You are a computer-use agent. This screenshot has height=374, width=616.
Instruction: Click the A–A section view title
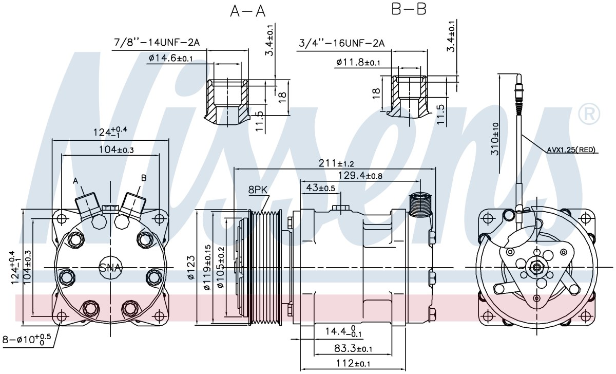pyautogui.click(x=248, y=11)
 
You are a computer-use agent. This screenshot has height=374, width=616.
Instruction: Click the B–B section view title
pyautogui.click(x=409, y=9)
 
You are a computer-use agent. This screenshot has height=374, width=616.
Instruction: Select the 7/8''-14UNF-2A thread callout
pyautogui.click(x=157, y=42)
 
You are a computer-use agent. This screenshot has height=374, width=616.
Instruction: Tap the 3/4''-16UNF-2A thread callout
pyautogui.click(x=342, y=43)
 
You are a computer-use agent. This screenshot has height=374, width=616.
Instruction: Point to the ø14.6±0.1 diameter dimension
pyautogui.click(x=170, y=58)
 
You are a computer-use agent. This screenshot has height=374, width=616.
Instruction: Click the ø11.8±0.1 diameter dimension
pyautogui.click(x=358, y=63)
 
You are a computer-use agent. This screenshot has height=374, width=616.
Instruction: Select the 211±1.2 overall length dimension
pyautogui.click(x=336, y=163)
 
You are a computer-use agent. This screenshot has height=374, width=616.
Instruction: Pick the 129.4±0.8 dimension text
pyautogui.click(x=360, y=175)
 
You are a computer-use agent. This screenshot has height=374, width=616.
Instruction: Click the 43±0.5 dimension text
pyautogui.click(x=320, y=188)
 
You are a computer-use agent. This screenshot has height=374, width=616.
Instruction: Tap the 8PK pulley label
pyautogui.click(x=258, y=190)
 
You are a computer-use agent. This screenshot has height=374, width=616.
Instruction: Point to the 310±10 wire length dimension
pyautogui.click(x=495, y=139)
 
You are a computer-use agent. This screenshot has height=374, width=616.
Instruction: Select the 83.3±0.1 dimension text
pyautogui.click(x=353, y=348)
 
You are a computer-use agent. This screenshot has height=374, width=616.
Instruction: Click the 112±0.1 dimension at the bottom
pyautogui.click(x=353, y=363)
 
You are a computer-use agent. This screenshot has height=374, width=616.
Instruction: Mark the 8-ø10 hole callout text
pyautogui.click(x=27, y=340)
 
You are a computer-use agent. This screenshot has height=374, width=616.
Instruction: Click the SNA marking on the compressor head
pyautogui.click(x=110, y=268)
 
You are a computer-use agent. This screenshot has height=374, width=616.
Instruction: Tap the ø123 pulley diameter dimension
pyautogui.click(x=191, y=268)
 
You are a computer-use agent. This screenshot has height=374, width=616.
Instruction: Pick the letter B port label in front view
pyautogui.click(x=144, y=178)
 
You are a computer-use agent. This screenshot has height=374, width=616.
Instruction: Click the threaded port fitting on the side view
pyautogui.click(x=420, y=205)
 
